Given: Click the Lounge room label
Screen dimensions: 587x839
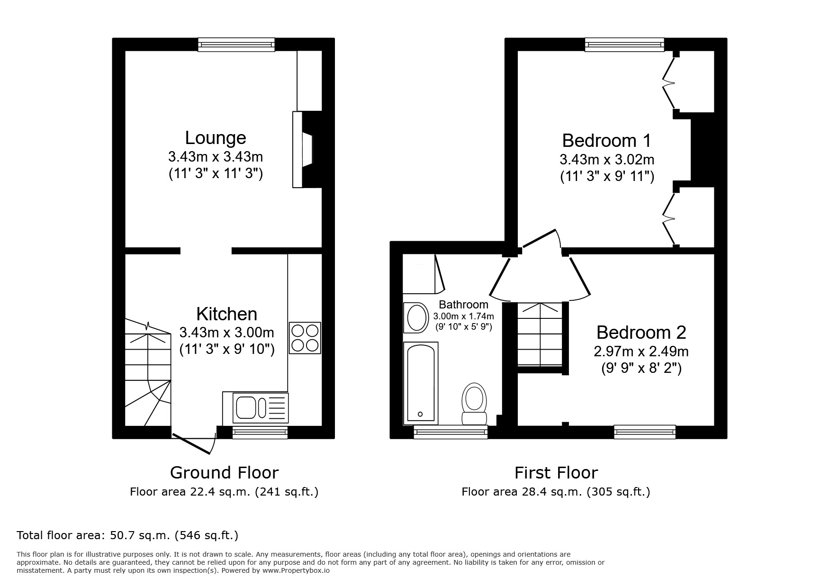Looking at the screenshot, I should point(216,138).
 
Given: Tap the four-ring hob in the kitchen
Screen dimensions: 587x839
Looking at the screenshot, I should point(305,338).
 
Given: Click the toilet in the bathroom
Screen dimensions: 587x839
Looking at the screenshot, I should point(474,403).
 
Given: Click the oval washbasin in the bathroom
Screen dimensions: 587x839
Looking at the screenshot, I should point(416,317).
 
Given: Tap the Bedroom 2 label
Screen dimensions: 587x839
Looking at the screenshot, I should point(641,333).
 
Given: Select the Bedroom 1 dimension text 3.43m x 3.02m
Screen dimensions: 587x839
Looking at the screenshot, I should point(607,159).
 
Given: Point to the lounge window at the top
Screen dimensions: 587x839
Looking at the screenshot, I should point(236,45).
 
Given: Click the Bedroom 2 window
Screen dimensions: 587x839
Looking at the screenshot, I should point(644,431).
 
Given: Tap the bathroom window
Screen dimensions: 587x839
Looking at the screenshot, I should point(451,431).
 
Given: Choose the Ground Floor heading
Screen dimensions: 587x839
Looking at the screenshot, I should point(224,472).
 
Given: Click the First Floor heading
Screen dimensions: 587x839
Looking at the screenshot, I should point(556,472).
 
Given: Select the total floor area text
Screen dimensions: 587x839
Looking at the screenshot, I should point(127,535).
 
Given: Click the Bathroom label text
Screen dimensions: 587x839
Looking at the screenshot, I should point(463,305).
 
